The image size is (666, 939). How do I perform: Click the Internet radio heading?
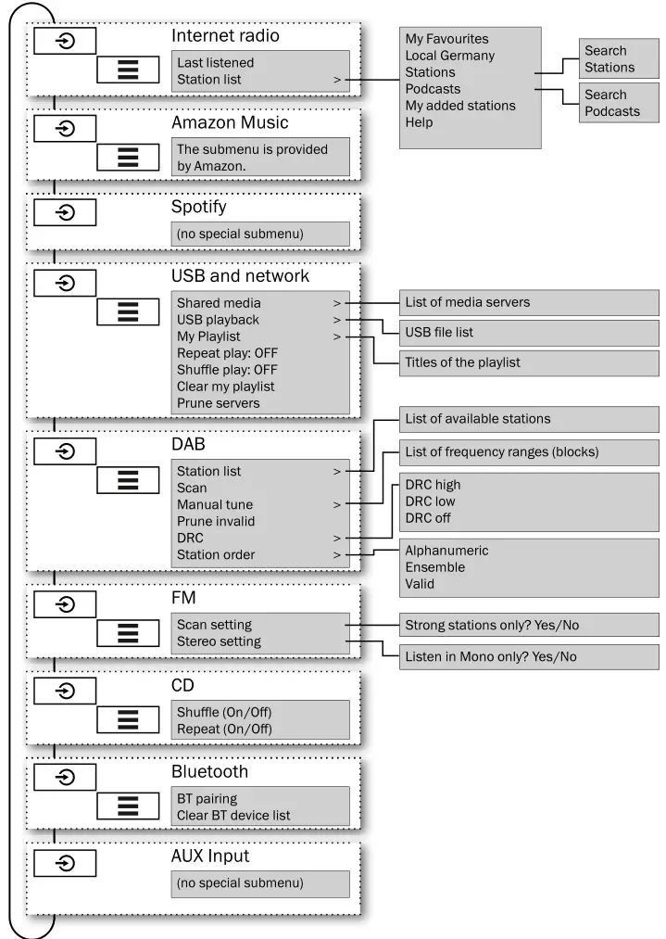point(225,36)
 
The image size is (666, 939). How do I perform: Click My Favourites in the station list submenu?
point(446,39)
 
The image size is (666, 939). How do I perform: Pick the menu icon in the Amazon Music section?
point(128,157)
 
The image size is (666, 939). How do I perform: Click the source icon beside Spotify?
point(66,212)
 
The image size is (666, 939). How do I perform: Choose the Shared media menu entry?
point(219,303)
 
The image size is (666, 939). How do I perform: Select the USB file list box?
point(529,333)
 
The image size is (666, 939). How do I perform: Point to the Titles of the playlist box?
point(529,362)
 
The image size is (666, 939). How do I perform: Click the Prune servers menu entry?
point(218,403)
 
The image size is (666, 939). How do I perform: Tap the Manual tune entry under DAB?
point(215,505)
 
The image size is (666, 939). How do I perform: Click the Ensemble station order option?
point(434,567)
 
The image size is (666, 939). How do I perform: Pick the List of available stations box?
point(529,419)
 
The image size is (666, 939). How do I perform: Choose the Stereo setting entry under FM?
point(219,641)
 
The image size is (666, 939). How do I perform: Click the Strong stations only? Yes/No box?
point(529,625)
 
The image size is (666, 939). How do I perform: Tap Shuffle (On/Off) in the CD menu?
point(224,712)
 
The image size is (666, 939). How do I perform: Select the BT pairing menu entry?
point(207,798)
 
